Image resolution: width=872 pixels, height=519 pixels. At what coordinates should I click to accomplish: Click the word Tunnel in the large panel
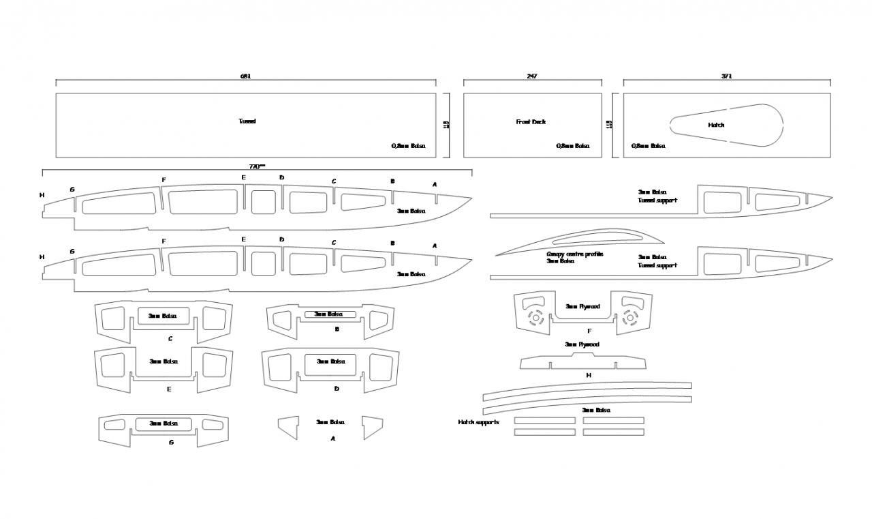[247, 121]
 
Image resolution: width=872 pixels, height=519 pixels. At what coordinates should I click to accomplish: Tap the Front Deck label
[531, 122]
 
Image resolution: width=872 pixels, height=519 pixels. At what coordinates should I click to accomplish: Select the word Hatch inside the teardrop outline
[716, 125]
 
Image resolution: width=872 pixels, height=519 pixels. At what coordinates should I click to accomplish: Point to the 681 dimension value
[245, 76]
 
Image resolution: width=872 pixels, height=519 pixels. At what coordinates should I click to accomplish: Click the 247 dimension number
[532, 76]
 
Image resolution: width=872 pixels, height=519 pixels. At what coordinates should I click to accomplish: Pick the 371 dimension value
[726, 76]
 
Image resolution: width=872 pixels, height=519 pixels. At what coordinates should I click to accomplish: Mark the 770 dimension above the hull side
[256, 166]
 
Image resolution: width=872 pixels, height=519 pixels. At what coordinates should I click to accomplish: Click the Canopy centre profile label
[575, 254]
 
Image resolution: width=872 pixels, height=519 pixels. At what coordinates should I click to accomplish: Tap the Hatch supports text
[478, 423]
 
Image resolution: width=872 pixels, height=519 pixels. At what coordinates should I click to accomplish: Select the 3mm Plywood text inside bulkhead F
[582, 307]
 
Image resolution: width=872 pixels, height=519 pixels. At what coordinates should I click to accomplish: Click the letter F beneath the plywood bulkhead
[589, 331]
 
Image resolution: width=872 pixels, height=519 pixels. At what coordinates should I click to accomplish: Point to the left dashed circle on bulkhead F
[536, 316]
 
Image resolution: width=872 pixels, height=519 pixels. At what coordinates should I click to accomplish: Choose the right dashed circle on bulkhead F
[629, 316]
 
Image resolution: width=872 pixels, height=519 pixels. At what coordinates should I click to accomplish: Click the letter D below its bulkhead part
[337, 388]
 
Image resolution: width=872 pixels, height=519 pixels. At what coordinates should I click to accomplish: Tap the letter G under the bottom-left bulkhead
[171, 442]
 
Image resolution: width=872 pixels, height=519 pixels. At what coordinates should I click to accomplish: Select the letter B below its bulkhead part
[337, 329]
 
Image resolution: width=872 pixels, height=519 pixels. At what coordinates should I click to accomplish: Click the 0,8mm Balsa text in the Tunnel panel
[408, 146]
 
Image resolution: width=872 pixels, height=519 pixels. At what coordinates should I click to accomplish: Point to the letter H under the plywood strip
[589, 375]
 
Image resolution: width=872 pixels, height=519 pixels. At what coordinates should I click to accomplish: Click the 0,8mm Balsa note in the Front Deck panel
[573, 146]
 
